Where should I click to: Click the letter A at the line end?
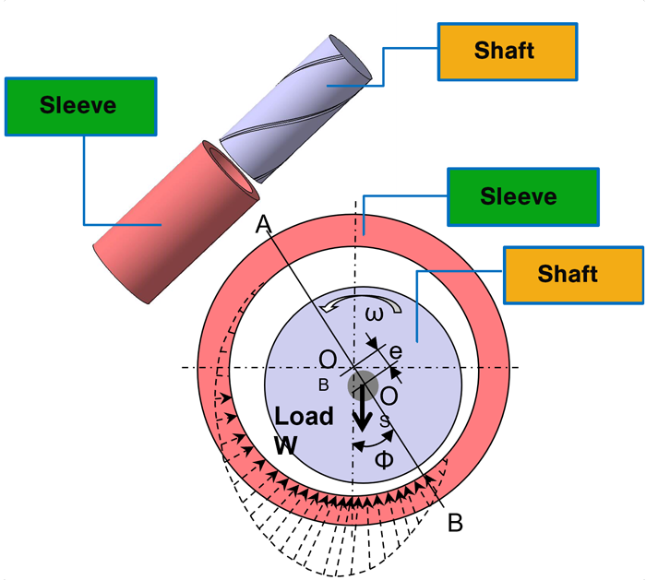pyautogui.click(x=262, y=224)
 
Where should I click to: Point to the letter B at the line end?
pyautogui.click(x=454, y=524)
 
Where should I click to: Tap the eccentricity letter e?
pyautogui.click(x=396, y=351)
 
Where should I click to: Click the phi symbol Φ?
pyautogui.click(x=383, y=458)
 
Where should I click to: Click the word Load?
pyautogui.click(x=304, y=417)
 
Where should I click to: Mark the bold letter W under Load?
pyautogui.click(x=287, y=444)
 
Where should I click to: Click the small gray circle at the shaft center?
pyautogui.click(x=362, y=385)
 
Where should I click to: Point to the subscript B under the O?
pyautogui.click(x=323, y=384)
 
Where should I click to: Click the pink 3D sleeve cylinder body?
pyautogui.click(x=166, y=226)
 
